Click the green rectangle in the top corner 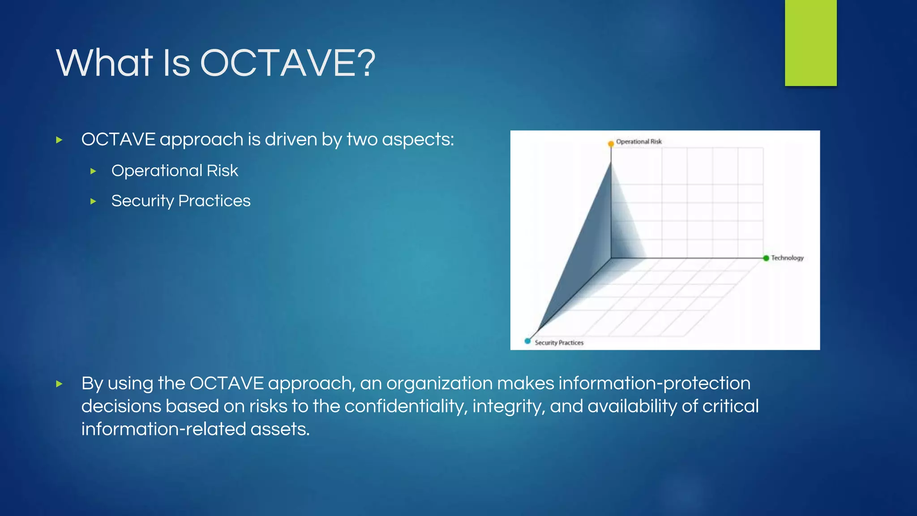click(810, 43)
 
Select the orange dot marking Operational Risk click(611, 144)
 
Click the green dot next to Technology click(766, 258)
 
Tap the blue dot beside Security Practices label click(527, 341)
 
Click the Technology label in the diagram click(787, 258)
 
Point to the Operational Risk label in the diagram click(638, 142)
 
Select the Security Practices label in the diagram click(559, 343)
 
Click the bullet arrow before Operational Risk click(93, 171)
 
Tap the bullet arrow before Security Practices click(93, 202)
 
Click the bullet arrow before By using click(59, 384)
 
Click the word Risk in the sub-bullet click(222, 171)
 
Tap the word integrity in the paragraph click(509, 406)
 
